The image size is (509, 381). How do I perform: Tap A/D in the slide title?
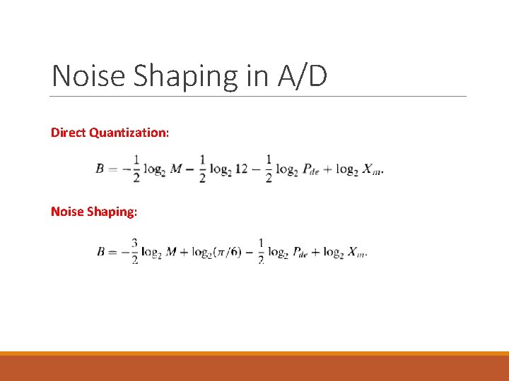(303, 76)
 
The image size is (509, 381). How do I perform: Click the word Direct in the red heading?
(69, 132)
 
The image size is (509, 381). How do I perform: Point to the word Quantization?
(129, 132)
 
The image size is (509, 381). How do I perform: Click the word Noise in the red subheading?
(67, 211)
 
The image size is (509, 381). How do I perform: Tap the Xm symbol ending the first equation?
(371, 170)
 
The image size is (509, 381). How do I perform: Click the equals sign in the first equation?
(112, 169)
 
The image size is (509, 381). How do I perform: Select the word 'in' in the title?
(257, 76)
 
